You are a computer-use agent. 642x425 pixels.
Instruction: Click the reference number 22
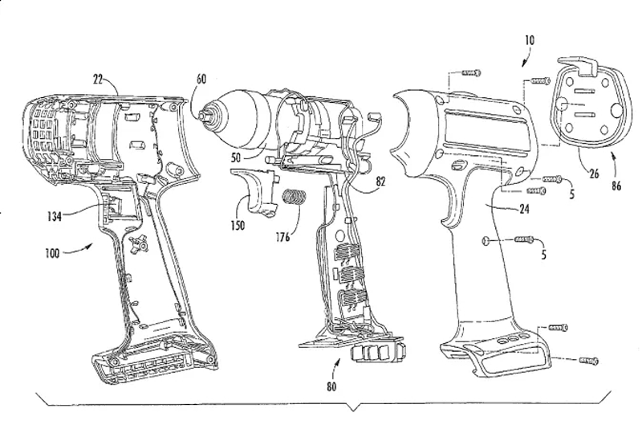tap(98, 79)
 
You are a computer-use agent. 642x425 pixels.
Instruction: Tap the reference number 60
tap(201, 79)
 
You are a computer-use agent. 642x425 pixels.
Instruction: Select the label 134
tap(54, 216)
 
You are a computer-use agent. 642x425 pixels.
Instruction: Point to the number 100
tap(52, 253)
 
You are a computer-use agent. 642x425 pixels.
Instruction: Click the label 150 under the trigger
tap(238, 225)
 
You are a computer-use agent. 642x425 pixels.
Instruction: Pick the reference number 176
tap(282, 236)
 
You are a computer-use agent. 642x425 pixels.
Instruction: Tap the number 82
tap(380, 182)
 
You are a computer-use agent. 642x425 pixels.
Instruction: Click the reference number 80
tap(331, 386)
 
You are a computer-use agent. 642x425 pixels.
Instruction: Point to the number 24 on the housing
tap(525, 210)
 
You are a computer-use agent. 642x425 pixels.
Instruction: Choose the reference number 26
tap(594, 174)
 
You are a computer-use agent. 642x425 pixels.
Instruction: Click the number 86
tap(616, 186)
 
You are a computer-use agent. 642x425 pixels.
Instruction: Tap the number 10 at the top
tap(530, 40)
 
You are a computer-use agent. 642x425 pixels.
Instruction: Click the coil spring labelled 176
tap(295, 197)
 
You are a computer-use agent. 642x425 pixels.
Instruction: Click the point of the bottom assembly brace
tap(353, 411)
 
